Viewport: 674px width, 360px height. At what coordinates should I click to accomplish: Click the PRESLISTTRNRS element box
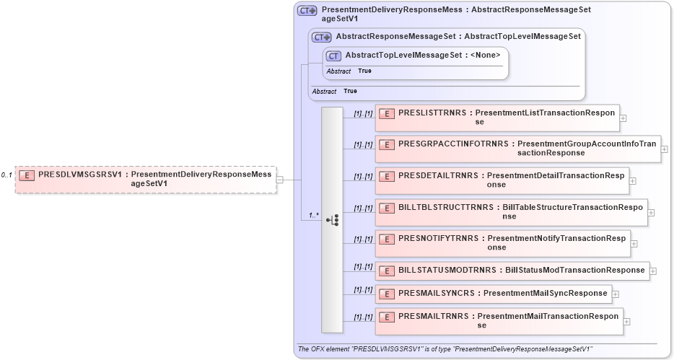coord(497,118)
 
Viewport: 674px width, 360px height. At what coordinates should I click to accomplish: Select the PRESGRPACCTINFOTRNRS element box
coord(517,149)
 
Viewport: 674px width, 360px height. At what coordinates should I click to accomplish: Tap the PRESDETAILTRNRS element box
coord(502,180)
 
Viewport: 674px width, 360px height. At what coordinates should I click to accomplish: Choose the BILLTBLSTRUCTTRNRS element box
coord(511,212)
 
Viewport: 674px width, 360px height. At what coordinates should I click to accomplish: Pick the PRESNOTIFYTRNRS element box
coord(502,243)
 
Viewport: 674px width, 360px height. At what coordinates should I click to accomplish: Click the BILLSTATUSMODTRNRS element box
coord(512,271)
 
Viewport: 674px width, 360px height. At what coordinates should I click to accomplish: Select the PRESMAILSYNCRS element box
coord(493,294)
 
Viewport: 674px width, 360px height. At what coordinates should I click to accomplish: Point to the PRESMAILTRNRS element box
coord(499,321)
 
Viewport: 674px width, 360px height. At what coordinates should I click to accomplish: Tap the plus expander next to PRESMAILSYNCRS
coord(616,294)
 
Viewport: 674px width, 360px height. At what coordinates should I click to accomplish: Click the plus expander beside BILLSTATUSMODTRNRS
coord(653,271)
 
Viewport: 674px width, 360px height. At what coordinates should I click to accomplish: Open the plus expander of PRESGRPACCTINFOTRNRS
coord(665,149)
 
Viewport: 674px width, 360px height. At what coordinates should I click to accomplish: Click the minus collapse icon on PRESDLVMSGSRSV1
coord(280,180)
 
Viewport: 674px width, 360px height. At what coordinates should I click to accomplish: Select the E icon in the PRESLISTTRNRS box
coord(386,113)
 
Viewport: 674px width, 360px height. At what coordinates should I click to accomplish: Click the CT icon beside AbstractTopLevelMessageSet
coord(333,56)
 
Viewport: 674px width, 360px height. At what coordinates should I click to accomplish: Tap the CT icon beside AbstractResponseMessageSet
coord(321,37)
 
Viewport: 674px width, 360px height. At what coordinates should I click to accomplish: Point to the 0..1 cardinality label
coord(6,175)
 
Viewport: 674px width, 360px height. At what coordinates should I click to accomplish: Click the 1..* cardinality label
coord(314,215)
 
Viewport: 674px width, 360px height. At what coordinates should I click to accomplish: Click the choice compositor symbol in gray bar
coord(333,219)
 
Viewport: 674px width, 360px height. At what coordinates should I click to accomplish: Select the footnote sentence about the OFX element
coord(445,349)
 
